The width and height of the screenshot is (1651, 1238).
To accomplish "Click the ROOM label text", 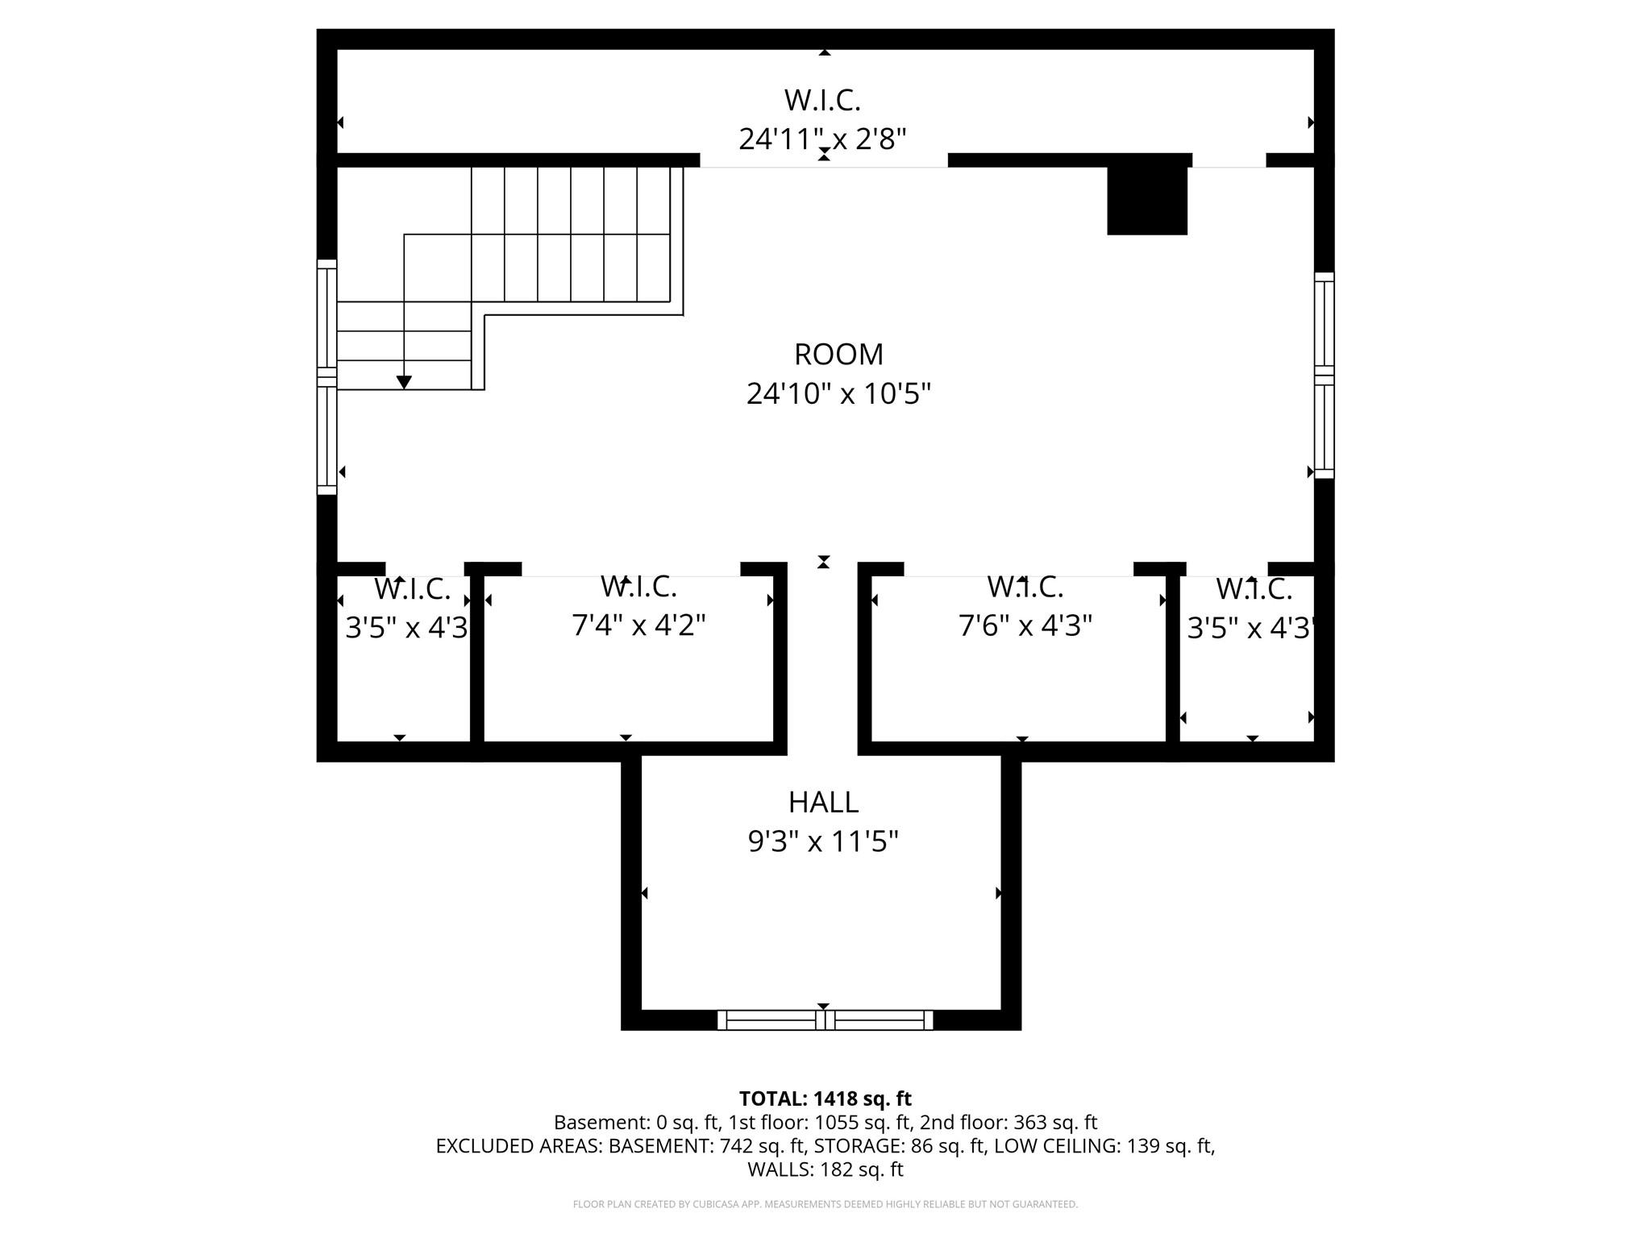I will (x=838, y=355).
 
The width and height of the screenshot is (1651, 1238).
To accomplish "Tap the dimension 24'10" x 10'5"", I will (x=838, y=394).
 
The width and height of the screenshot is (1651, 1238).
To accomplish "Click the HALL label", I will (x=823, y=803).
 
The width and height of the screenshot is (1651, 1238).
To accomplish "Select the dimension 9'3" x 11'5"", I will (x=823, y=842).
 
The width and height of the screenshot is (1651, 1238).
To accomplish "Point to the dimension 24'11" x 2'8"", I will (x=822, y=139).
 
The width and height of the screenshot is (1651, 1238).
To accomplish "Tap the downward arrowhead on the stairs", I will (x=404, y=382).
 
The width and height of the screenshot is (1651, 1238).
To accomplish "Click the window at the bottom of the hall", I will (x=825, y=1020).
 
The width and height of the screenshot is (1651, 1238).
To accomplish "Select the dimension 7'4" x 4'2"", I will (x=638, y=625).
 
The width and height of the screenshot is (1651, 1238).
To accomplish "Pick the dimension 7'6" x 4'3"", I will (x=1025, y=625).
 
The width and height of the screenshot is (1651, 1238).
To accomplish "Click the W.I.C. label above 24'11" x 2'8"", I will (x=822, y=101).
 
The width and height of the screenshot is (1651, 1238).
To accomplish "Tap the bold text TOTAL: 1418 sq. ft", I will (x=825, y=1099).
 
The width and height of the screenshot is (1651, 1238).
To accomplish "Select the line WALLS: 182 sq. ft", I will (x=825, y=1169).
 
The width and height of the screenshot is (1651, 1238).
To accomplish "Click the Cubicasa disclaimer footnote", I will (x=825, y=1204).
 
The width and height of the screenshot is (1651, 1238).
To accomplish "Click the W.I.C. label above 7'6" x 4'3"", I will (x=1025, y=588).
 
